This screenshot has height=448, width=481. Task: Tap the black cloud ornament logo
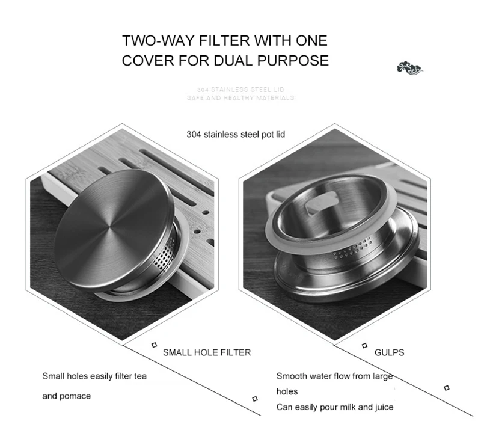point(411,67)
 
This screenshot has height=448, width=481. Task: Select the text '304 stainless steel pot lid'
point(236,135)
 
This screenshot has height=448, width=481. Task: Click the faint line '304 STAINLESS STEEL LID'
point(240,89)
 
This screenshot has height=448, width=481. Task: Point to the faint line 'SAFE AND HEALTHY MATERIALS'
point(240,97)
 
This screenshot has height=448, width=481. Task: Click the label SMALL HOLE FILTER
point(207,352)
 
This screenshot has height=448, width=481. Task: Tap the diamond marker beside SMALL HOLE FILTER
point(155,345)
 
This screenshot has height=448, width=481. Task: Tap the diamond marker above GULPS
point(364,345)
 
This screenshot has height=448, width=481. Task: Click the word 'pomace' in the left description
point(78,396)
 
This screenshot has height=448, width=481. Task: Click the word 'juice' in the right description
point(384,407)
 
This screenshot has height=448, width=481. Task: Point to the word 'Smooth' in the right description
point(291,376)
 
